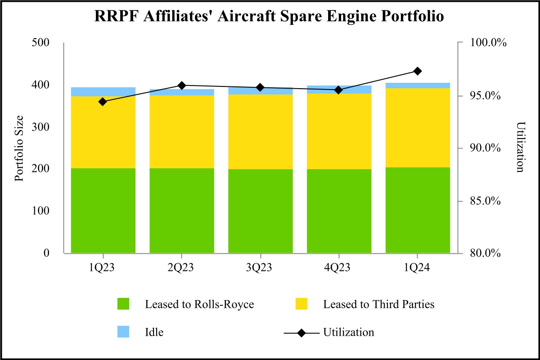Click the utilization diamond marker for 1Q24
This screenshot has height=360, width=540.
(417, 71)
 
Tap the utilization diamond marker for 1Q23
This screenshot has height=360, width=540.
(103, 102)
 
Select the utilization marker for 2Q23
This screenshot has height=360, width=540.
(181, 85)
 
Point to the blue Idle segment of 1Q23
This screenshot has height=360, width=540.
(103, 92)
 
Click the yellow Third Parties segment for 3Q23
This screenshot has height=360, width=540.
(260, 131)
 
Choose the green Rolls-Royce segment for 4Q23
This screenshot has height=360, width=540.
(339, 211)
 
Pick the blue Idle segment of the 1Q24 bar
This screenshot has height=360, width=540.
(417, 85)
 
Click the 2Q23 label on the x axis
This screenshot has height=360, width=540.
(181, 267)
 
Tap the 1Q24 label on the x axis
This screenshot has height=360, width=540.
(417, 267)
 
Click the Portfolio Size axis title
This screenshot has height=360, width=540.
(19, 148)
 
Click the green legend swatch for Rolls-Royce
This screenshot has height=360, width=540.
(123, 304)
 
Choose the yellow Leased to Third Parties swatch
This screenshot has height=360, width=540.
(301, 304)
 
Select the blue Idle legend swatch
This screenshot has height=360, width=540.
(123, 332)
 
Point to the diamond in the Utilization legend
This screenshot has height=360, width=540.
(301, 333)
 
